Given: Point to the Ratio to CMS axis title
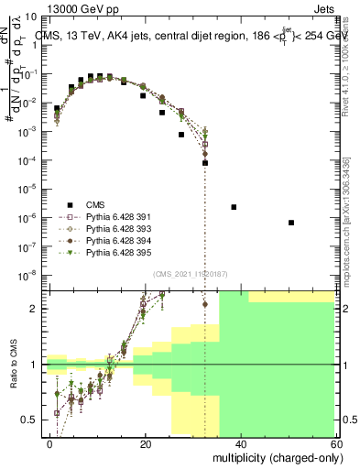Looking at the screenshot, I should (x=15, y=365).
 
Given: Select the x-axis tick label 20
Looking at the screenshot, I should (x=146, y=443).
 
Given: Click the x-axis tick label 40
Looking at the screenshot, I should (x=240, y=443).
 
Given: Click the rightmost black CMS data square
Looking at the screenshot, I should (x=290, y=223).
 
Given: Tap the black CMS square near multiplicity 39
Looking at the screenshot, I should (x=234, y=207).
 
